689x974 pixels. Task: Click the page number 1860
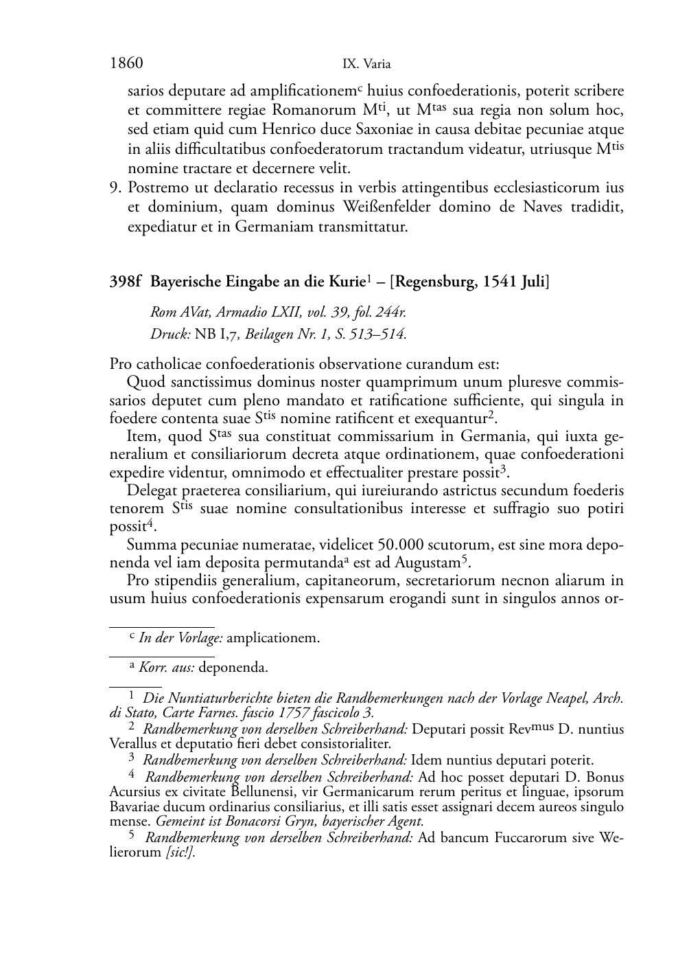click(x=126, y=64)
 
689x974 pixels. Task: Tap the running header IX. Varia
click(x=366, y=65)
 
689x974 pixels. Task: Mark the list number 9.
click(x=115, y=188)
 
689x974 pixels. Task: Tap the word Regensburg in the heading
click(x=433, y=282)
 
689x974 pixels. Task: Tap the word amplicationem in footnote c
click(x=272, y=638)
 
